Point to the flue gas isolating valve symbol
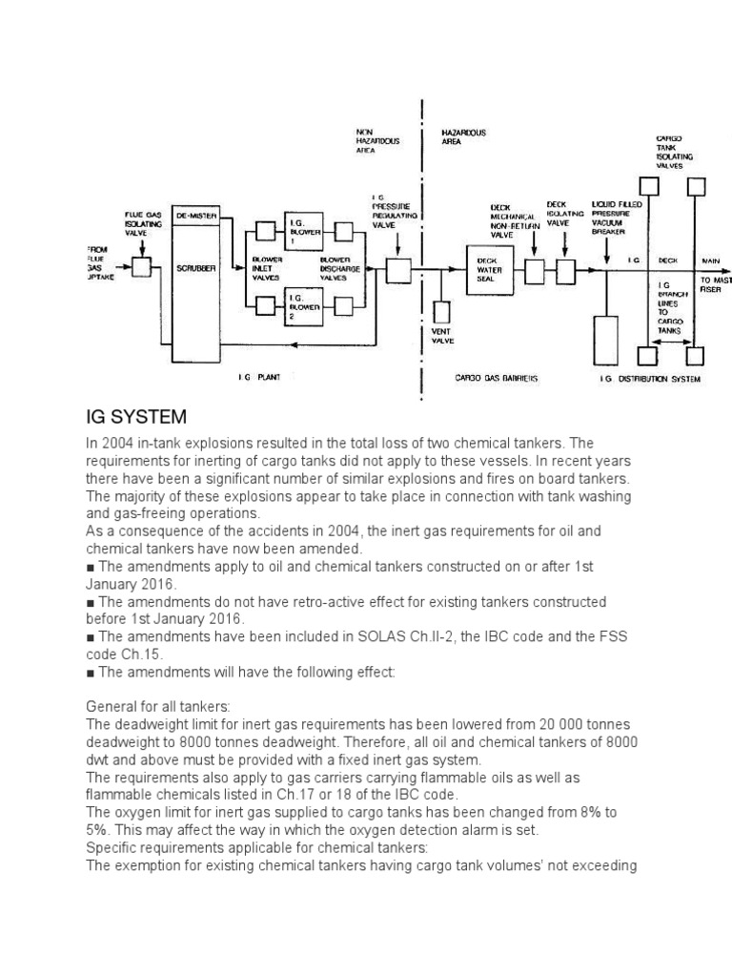142,268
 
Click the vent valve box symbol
440,312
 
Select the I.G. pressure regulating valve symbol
397,271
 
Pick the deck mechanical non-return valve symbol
534,272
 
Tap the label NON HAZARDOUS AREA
377,140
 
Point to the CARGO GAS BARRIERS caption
497,379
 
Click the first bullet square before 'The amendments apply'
91,567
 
